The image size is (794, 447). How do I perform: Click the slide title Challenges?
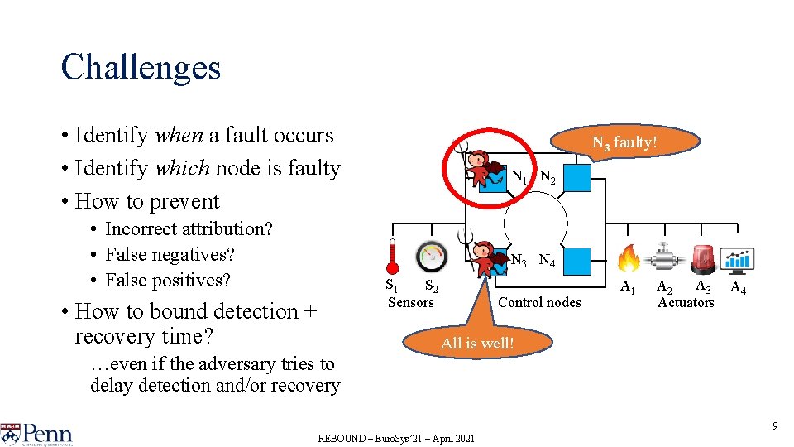click(141, 67)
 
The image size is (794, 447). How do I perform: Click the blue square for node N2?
click(578, 177)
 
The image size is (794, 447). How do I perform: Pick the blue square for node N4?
click(578, 261)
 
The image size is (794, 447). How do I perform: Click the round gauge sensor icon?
click(430, 257)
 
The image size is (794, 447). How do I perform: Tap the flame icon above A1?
click(629, 258)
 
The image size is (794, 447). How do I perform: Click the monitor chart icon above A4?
click(736, 259)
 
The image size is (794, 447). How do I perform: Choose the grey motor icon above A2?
click(665, 257)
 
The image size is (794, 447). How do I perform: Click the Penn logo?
click(37, 434)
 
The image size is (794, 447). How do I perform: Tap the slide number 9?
click(775, 426)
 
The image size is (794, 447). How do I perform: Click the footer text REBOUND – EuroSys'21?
click(396, 438)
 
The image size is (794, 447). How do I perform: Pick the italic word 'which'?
click(183, 168)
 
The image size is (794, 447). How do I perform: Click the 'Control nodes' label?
click(539, 302)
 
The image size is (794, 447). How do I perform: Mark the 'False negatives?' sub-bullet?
click(170, 254)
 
